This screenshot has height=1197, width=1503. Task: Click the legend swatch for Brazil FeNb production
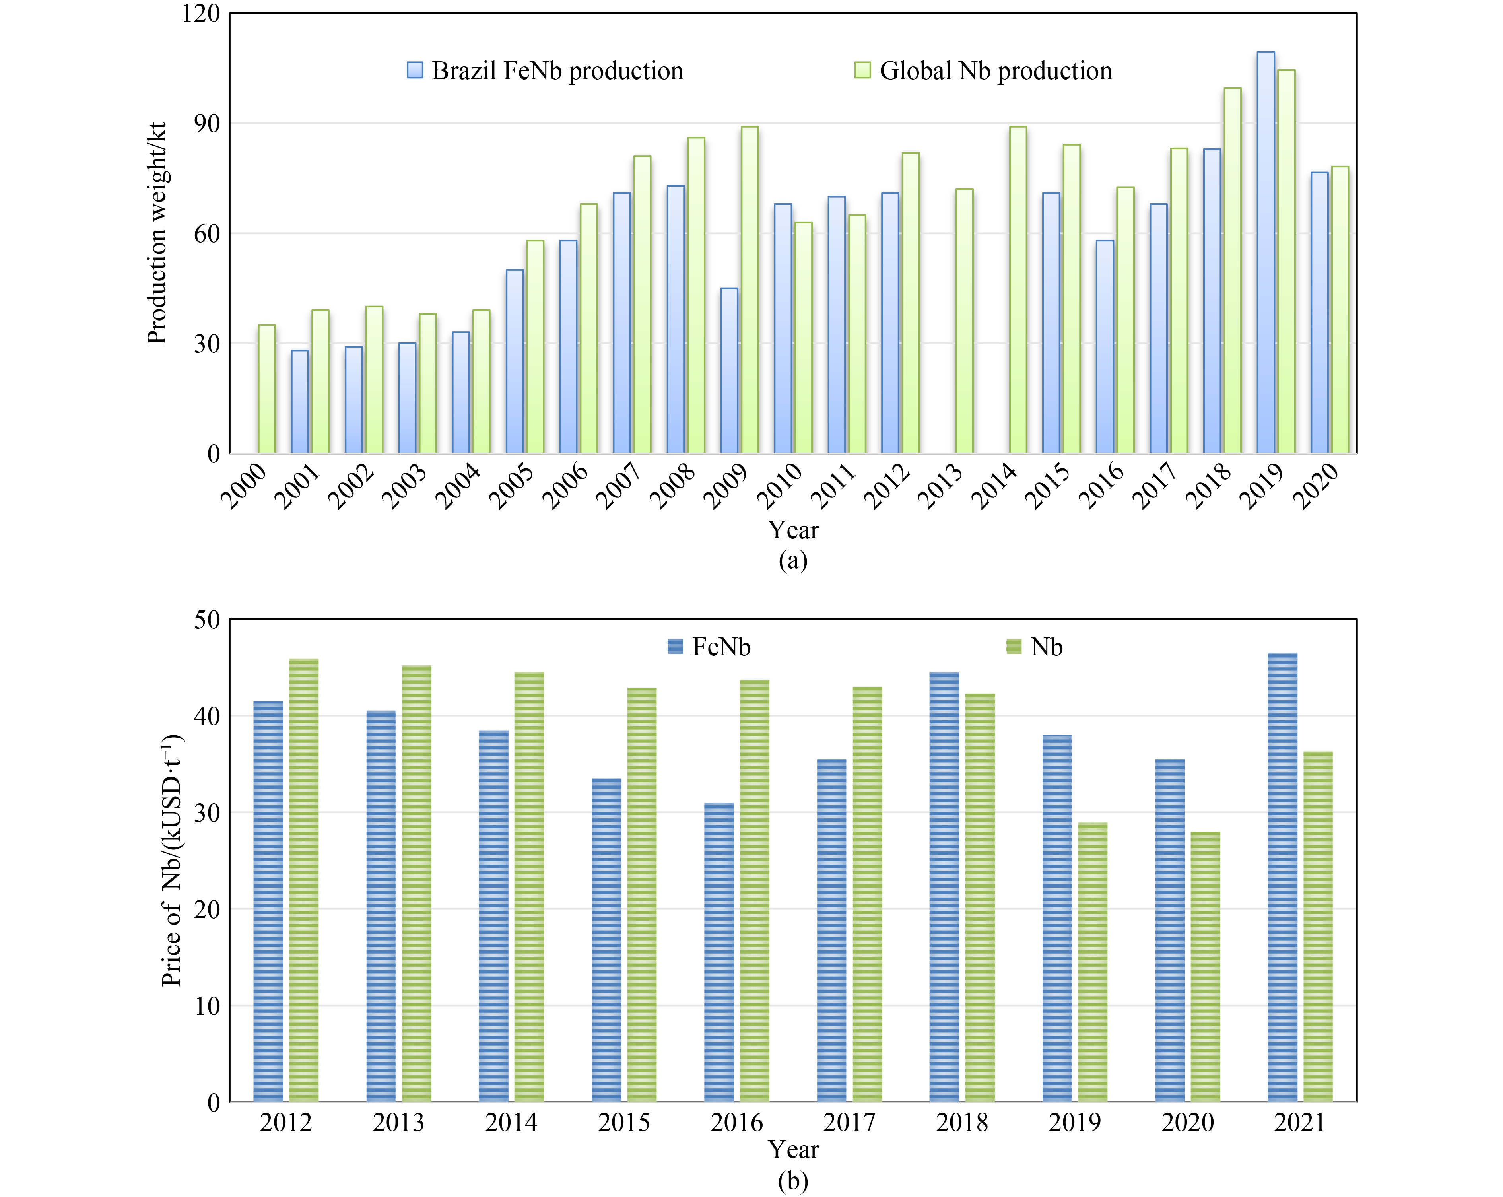(x=415, y=70)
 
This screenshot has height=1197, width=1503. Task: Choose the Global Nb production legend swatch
(x=862, y=70)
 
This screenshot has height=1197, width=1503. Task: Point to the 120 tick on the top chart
(x=201, y=13)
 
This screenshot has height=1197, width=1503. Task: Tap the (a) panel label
(x=792, y=560)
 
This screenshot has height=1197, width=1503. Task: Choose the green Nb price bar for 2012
(x=303, y=880)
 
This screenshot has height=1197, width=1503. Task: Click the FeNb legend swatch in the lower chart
(x=675, y=647)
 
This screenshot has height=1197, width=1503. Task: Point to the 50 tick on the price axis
(x=207, y=619)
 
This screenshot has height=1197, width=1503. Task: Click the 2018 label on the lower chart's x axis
(x=961, y=1122)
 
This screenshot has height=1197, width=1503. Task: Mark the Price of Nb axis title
(x=171, y=860)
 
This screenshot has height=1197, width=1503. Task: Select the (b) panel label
(x=792, y=1181)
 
